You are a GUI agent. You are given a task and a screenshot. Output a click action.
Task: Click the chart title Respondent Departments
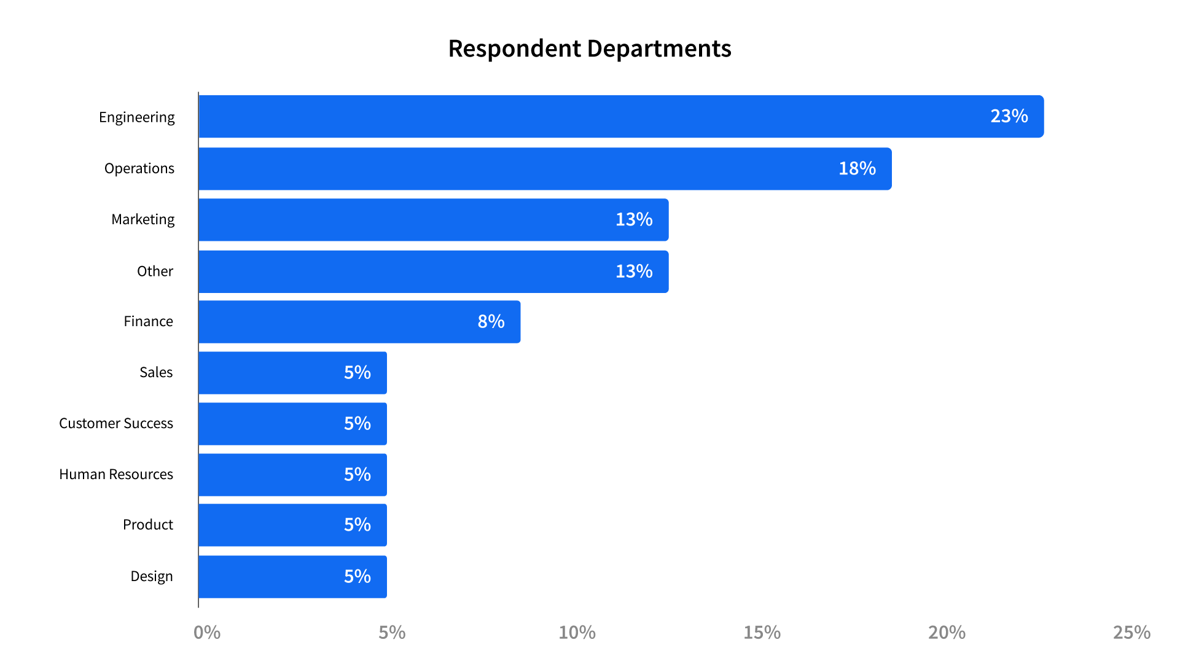[x=590, y=49]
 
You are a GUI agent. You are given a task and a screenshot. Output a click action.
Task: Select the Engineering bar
[x=620, y=117]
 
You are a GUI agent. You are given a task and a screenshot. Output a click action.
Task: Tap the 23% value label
[x=1009, y=116]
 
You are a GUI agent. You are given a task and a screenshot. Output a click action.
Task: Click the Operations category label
[x=139, y=168]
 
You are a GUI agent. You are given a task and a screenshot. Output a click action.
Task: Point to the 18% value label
[x=857, y=168]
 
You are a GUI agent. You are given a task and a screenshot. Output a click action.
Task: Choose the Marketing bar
[x=433, y=220]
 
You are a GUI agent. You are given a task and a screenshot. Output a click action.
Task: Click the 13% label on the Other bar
[x=634, y=271]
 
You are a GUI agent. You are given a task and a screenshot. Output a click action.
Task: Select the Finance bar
[x=359, y=322]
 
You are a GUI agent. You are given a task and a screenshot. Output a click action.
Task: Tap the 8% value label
[x=491, y=321]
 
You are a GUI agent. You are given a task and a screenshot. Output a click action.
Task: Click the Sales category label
[x=156, y=372]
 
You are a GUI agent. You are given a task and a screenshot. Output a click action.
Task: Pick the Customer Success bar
[x=292, y=424]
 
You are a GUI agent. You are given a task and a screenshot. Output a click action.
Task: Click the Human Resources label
[x=116, y=474]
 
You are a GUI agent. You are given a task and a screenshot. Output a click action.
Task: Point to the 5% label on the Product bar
[x=357, y=525]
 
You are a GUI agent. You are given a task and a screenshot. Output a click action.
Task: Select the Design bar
[x=292, y=577]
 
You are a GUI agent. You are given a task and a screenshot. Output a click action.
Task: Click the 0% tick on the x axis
[x=207, y=632]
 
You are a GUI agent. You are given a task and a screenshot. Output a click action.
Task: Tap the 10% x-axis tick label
[x=577, y=632]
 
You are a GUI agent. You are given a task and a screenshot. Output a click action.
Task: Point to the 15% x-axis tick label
[x=762, y=632]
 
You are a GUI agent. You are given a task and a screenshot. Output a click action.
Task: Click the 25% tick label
[x=1131, y=632]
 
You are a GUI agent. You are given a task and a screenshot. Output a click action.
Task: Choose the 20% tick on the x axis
[x=947, y=632]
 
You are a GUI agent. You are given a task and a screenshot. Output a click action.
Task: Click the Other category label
[x=155, y=271]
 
